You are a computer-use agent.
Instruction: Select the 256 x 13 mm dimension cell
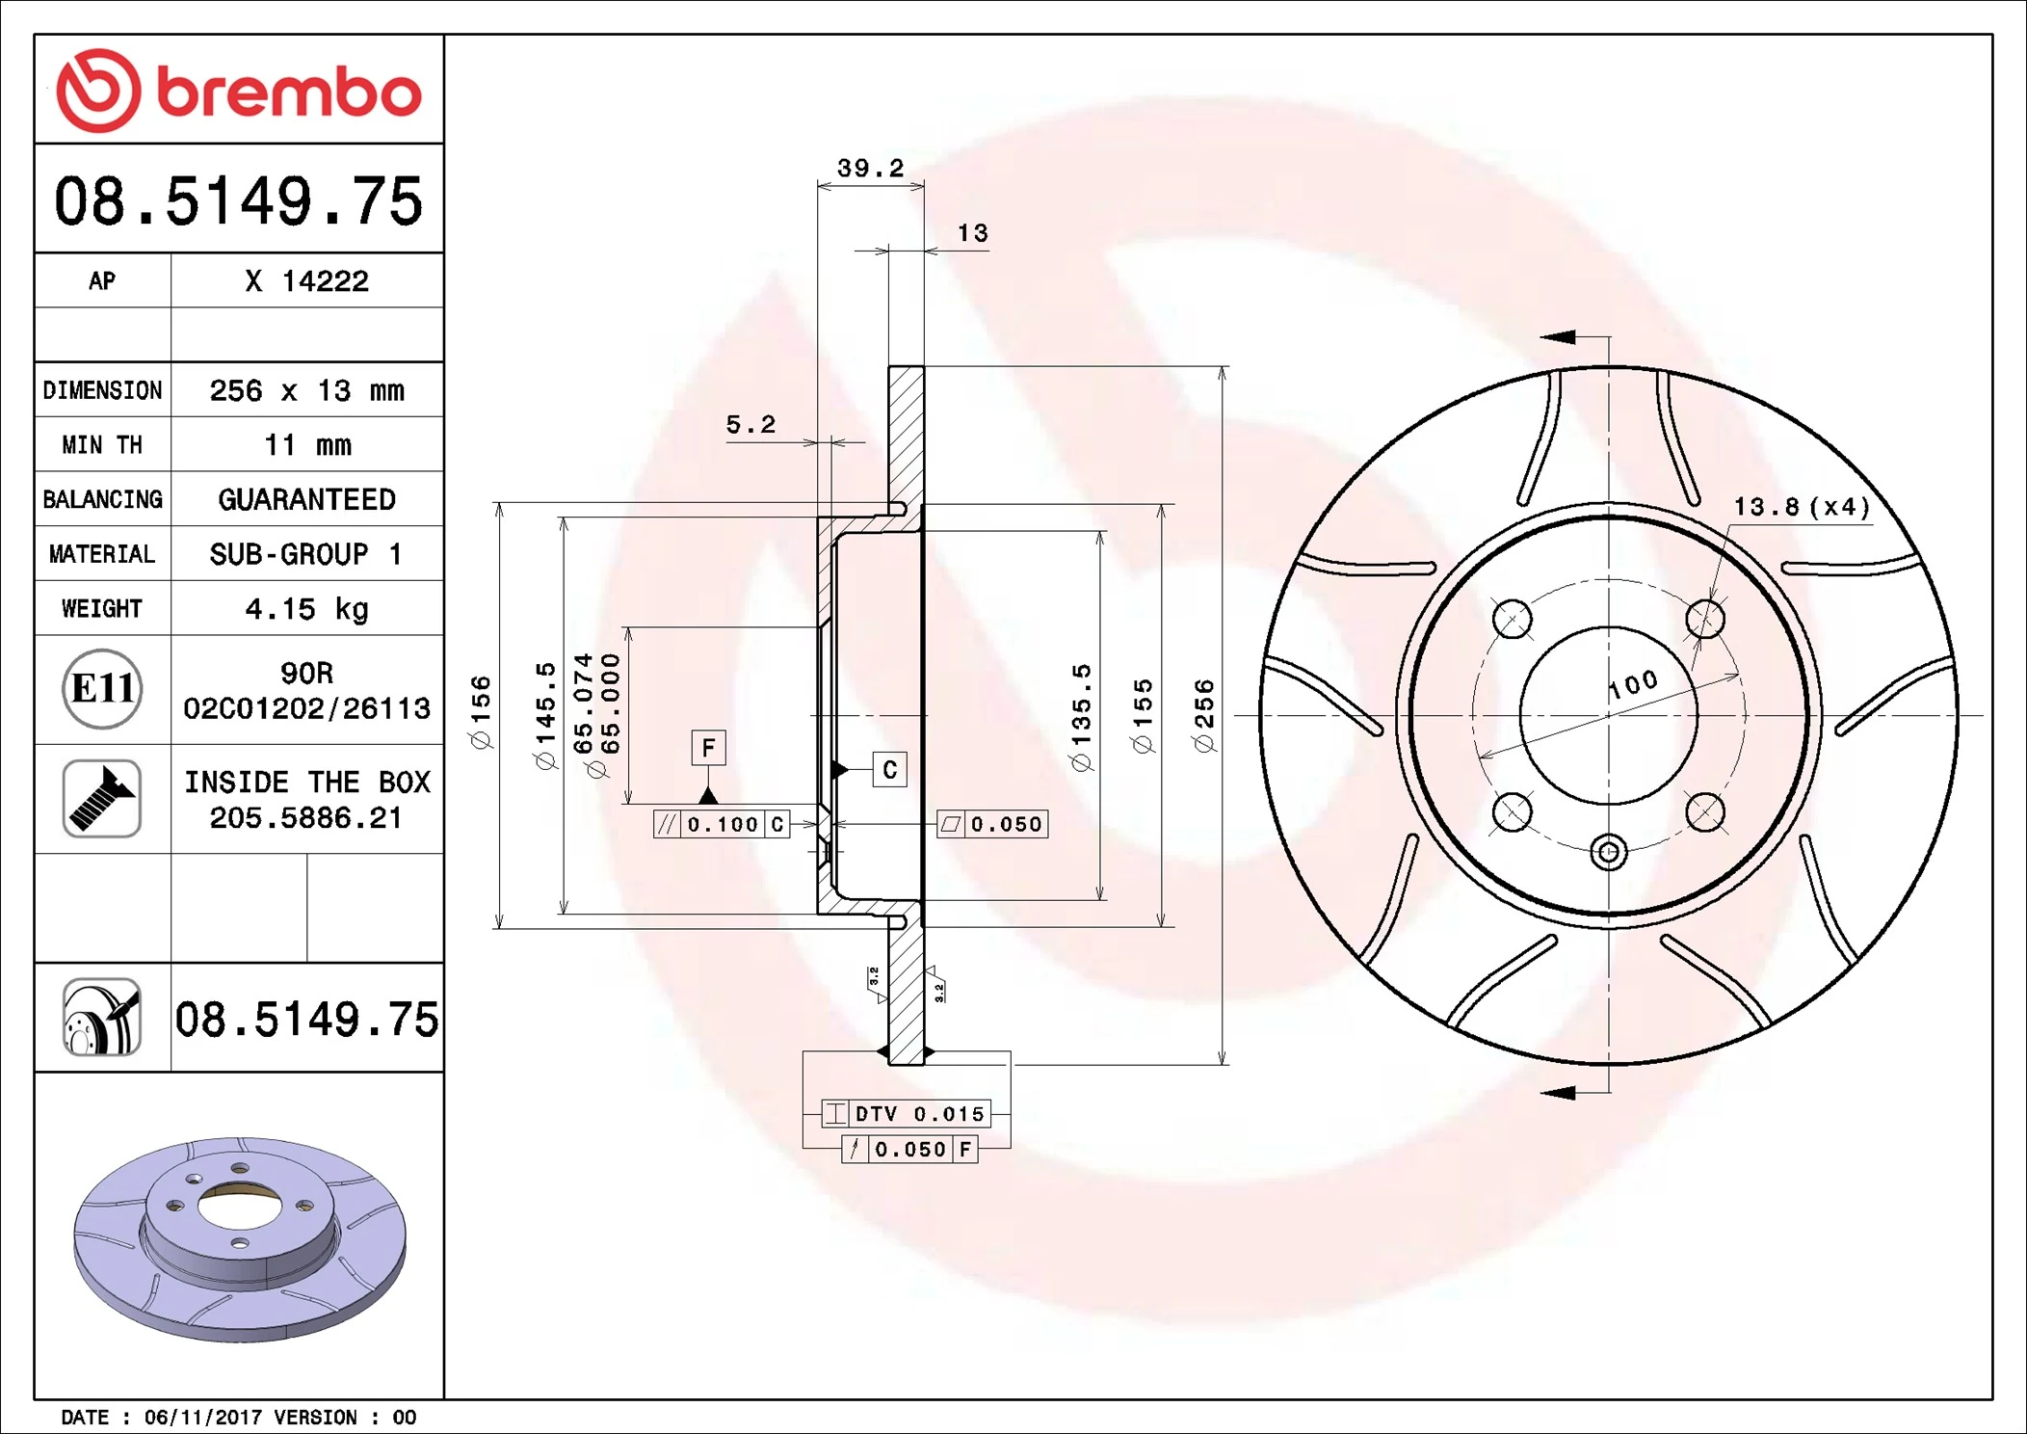click(306, 390)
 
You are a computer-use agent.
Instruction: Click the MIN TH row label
click(102, 445)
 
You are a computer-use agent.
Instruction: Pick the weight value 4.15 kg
click(306, 609)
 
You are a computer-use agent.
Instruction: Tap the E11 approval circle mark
click(102, 689)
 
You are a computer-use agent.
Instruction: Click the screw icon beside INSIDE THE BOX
click(102, 799)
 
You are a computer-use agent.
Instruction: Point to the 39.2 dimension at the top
click(870, 169)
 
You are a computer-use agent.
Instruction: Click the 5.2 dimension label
click(750, 425)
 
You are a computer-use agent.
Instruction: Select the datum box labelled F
click(708, 748)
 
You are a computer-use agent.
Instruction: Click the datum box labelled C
click(889, 770)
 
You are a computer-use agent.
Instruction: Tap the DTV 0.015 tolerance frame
click(907, 1114)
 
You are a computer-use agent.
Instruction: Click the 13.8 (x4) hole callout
click(1802, 507)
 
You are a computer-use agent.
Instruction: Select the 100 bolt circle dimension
click(1634, 684)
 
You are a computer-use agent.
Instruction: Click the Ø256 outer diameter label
click(1204, 715)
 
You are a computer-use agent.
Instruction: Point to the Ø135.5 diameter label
click(1081, 715)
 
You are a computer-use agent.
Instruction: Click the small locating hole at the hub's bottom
click(1608, 852)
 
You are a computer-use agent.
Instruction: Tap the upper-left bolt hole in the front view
click(1512, 619)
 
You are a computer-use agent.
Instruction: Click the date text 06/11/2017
click(202, 1417)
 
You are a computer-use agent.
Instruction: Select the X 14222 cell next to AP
click(306, 281)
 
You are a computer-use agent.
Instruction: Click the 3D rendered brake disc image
click(240, 1238)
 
